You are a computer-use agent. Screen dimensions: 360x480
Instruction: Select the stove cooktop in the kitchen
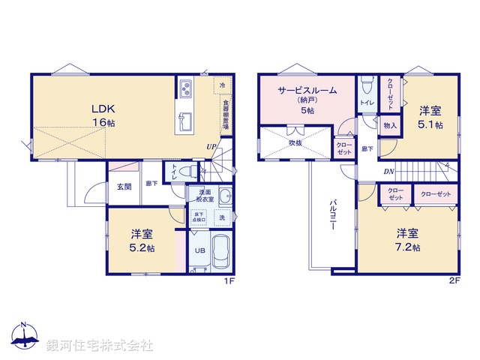coord(185,89)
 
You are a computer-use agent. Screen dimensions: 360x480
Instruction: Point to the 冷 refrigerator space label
coord(222,87)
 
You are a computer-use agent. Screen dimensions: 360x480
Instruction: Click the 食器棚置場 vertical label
coord(224,116)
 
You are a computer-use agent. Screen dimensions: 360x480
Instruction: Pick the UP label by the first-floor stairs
coord(211,147)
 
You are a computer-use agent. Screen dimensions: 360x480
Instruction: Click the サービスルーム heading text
coord(307,90)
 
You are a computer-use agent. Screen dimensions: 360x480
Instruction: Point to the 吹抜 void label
coord(295,142)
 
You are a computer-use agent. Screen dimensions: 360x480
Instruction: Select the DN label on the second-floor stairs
coord(389,171)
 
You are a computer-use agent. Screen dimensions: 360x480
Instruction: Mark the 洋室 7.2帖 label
coord(408,239)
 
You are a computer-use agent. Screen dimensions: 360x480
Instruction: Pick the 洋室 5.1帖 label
coord(429,119)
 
